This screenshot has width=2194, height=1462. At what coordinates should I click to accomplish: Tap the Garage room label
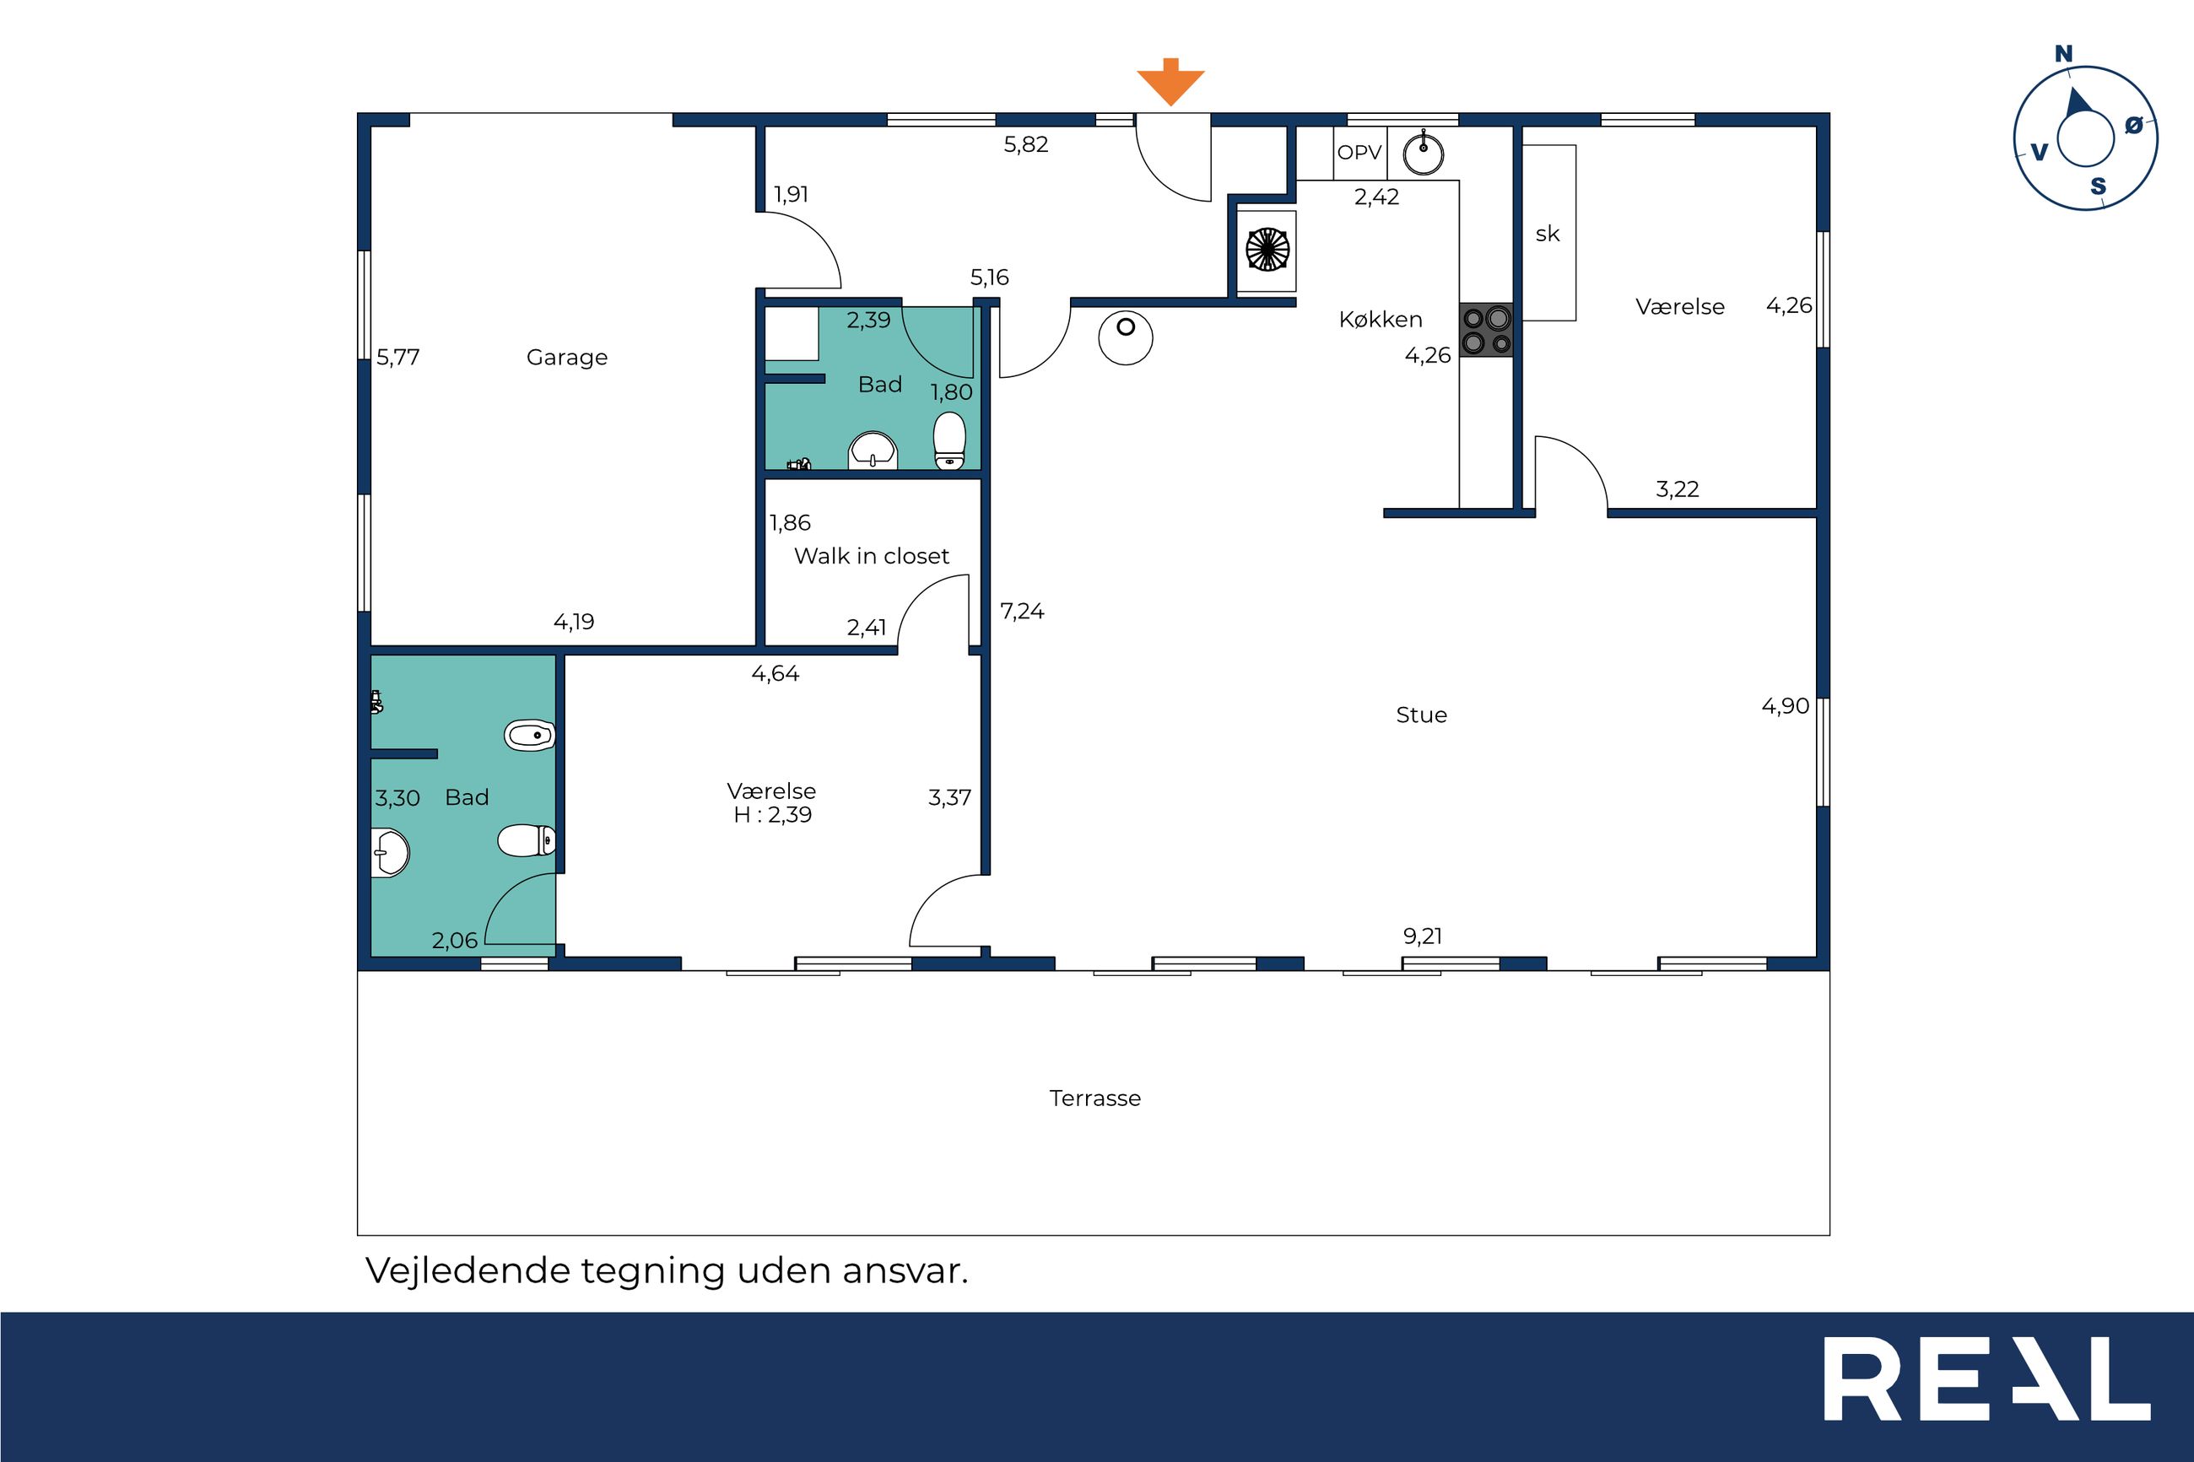[x=567, y=358]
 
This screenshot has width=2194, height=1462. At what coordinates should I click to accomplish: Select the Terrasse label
[x=1094, y=1098]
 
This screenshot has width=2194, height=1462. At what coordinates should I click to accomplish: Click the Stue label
[x=1421, y=715]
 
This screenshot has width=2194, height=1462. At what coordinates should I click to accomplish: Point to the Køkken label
[x=1380, y=320]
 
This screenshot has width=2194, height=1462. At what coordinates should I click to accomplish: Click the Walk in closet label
[x=871, y=557]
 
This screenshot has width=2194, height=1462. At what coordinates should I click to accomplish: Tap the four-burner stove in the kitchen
[x=1486, y=330]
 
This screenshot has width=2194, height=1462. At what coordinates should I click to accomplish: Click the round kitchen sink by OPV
[x=1423, y=153]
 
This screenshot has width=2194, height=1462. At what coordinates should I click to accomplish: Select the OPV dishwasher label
[x=1359, y=153]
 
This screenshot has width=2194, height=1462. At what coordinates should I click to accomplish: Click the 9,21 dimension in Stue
[x=1422, y=936]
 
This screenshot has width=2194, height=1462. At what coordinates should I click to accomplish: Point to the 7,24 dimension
[x=1022, y=612]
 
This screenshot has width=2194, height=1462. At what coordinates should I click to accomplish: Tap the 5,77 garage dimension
[x=398, y=357]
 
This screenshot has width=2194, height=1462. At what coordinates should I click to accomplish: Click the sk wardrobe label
[x=1547, y=234]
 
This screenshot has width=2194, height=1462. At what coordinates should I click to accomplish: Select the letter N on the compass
[x=2063, y=54]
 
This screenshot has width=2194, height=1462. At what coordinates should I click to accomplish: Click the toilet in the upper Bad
[x=949, y=440]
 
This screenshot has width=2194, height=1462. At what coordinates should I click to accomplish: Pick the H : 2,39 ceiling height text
[x=772, y=815]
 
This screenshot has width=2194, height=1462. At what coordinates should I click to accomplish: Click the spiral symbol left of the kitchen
[x=1267, y=250]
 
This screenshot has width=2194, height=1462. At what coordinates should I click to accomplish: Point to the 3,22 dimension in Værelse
[x=1677, y=489]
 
